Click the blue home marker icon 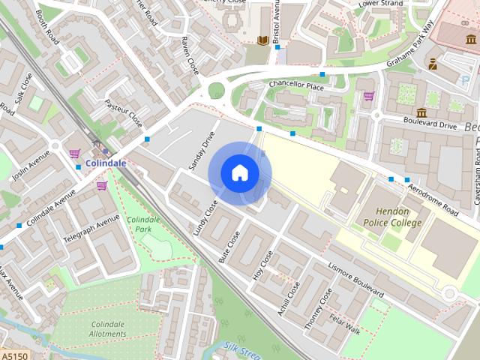pos(239,173)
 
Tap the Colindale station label pos(105,162)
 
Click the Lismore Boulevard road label pos(356,279)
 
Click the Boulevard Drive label pos(430,125)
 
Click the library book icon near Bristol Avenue pos(262,40)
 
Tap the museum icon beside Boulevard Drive pos(421,113)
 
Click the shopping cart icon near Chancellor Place pos(368,96)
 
